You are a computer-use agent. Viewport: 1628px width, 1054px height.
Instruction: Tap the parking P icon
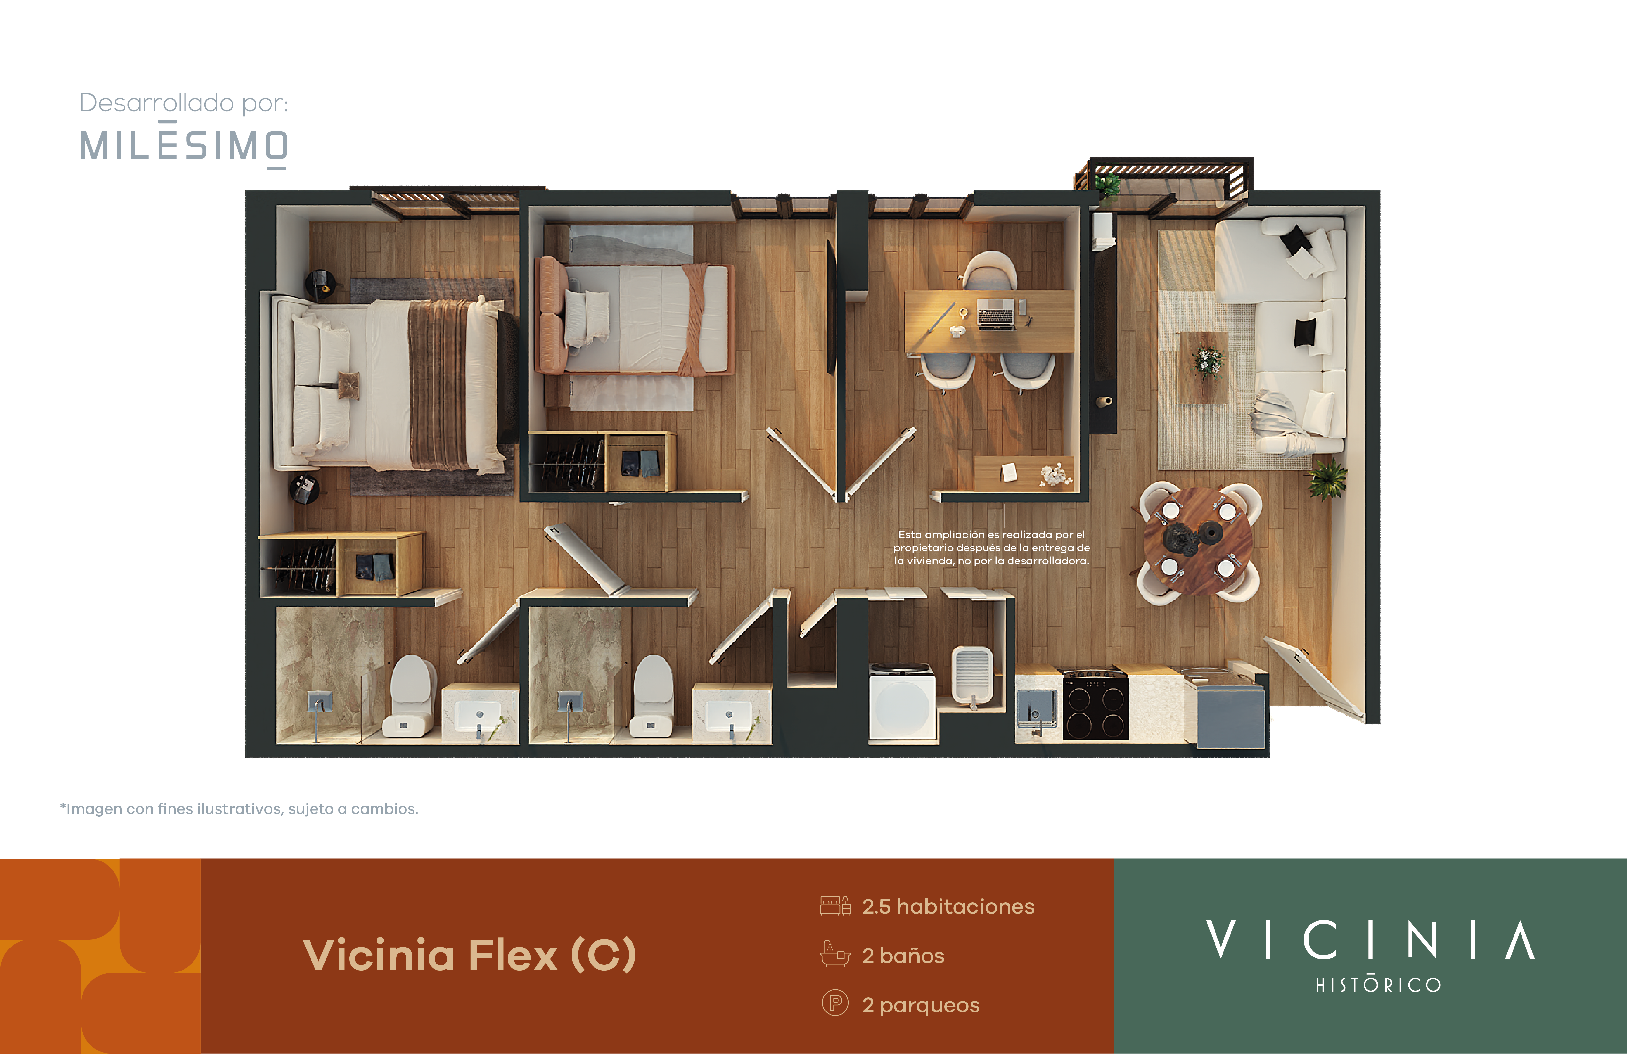click(835, 1003)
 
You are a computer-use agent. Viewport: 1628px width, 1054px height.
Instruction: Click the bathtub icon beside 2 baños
click(835, 954)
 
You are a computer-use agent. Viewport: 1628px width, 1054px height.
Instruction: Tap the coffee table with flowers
click(1202, 367)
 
